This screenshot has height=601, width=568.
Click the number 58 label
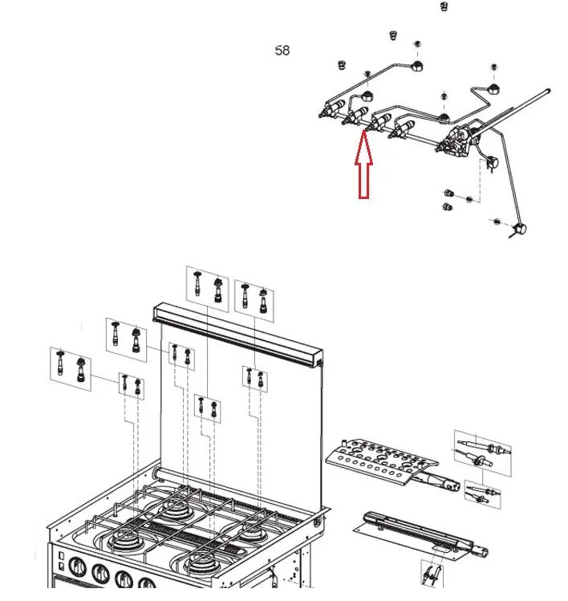coord(282,51)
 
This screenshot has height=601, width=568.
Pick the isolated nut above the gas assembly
coord(444,6)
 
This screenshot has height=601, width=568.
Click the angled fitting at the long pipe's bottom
coord(519,230)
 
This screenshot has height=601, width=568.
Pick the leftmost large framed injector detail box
coord(71,368)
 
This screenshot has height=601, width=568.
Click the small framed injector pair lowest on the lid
coord(206,408)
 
